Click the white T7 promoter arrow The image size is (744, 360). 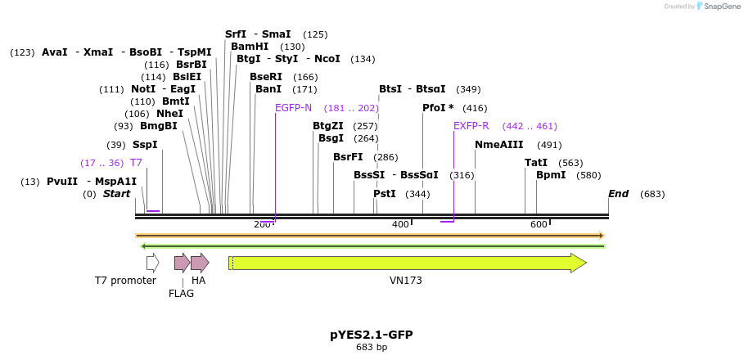(152, 263)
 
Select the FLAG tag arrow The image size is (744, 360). (182, 263)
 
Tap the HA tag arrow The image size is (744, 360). (200, 263)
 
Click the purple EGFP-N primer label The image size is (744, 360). (293, 108)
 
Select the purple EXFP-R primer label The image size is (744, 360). (471, 126)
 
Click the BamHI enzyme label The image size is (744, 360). (250, 47)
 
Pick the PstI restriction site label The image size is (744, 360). (384, 194)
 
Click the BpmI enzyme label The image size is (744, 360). (550, 175)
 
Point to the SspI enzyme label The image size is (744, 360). (145, 145)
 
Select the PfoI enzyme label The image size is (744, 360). (437, 108)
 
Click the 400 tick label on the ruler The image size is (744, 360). (400, 225)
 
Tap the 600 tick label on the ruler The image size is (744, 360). (539, 225)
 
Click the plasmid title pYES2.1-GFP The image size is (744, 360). (371, 335)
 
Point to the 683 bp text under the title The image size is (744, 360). (371, 348)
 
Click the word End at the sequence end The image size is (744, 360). (618, 194)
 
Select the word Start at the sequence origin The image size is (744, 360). (116, 194)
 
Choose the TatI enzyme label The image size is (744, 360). (536, 163)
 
